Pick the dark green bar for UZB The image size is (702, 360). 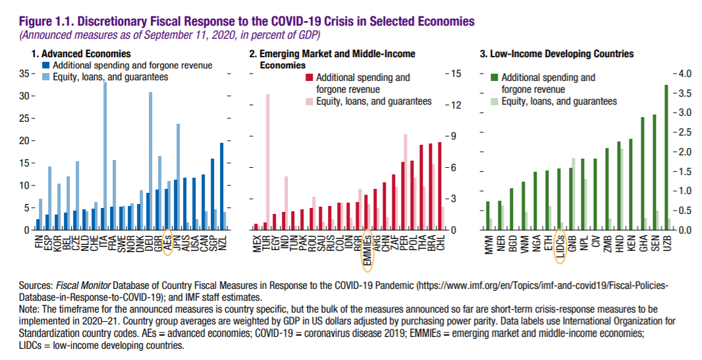666,157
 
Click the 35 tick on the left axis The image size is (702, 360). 25,74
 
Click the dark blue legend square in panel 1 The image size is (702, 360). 45,65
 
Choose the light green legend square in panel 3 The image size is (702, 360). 495,101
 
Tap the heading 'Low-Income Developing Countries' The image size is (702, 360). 560,54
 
